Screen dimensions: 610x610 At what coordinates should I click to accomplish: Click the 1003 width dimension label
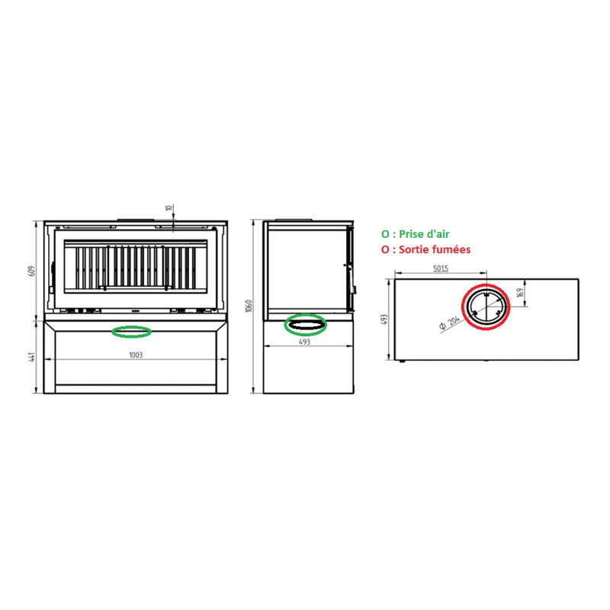136,355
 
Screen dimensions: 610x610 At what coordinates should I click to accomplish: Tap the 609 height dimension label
32,271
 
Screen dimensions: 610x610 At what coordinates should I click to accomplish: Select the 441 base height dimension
32,357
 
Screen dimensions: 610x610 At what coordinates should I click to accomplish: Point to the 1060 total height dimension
249,306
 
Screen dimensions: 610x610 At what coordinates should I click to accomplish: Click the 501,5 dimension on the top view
441,268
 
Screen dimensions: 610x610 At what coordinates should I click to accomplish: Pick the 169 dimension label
521,293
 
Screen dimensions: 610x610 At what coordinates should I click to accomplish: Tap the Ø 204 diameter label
449,323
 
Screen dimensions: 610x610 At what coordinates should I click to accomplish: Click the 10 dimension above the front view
169,208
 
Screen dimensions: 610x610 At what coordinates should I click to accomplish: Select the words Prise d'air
424,234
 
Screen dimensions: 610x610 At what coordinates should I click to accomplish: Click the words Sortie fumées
435,249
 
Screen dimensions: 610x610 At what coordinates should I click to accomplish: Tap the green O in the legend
385,234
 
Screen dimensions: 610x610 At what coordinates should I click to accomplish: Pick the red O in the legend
385,250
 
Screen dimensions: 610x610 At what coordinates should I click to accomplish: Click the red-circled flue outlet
486,284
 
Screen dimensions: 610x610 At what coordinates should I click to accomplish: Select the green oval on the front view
131,326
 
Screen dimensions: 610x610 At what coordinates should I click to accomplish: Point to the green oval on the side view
306,314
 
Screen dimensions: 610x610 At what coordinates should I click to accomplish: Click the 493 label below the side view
304,342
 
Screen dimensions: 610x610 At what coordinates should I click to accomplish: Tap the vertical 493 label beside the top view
385,319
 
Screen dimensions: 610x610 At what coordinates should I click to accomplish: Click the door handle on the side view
353,290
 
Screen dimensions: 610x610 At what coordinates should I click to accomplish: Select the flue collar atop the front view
136,220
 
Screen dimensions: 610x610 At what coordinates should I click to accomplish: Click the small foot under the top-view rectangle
403,361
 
